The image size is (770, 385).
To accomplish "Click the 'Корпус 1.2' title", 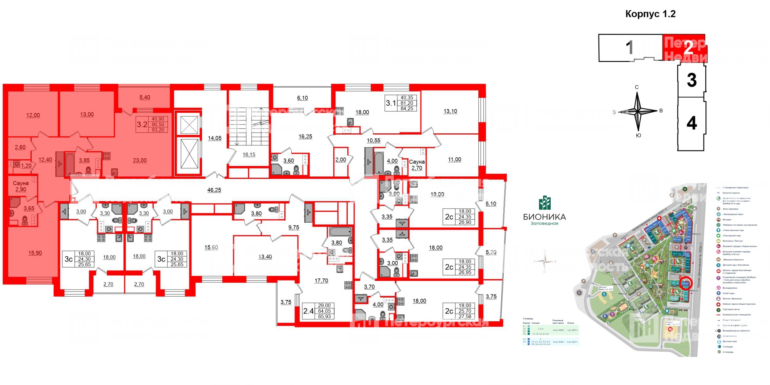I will [x=650, y=14].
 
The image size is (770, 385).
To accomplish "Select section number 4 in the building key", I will [x=691, y=123].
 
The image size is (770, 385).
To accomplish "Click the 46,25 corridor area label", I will [x=214, y=190].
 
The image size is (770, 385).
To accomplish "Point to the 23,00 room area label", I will [x=140, y=160].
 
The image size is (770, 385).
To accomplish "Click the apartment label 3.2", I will [x=142, y=124].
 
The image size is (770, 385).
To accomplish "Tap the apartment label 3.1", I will [x=391, y=103].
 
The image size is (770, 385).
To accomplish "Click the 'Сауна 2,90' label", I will [x=21, y=186].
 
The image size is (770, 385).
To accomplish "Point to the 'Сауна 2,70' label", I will [x=417, y=165].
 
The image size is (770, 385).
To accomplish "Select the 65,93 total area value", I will [x=324, y=316].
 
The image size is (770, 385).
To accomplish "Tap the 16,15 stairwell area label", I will [x=249, y=155].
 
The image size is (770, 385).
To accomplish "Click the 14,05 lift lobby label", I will [x=214, y=138].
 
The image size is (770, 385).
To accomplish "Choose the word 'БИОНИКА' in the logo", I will [x=545, y=217].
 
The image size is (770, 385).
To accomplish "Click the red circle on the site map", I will [x=685, y=283].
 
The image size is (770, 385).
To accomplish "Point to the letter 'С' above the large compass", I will [x=637, y=87].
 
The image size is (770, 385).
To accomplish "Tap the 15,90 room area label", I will [x=35, y=253].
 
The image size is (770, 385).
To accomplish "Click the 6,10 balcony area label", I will [x=302, y=98].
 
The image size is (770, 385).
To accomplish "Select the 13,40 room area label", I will [x=265, y=257].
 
